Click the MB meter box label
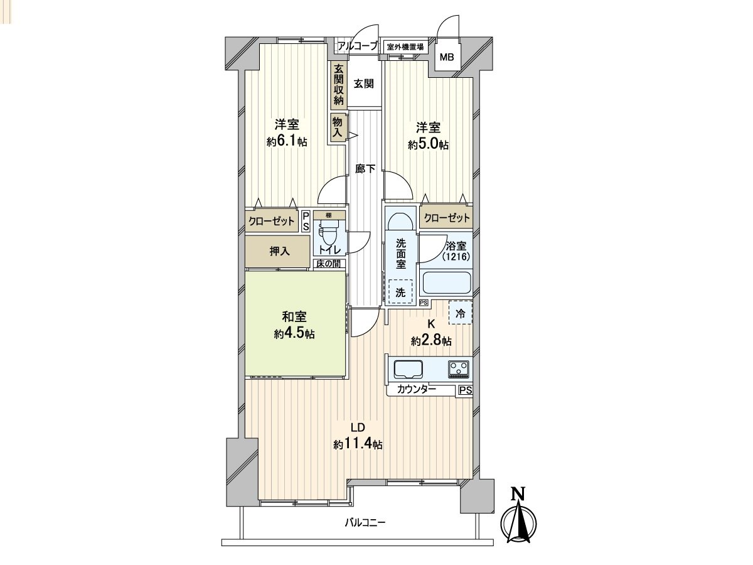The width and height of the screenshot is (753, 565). (x=446, y=58)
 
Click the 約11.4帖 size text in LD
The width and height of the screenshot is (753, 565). (x=358, y=444)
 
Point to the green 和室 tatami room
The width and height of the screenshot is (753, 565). (x=295, y=323)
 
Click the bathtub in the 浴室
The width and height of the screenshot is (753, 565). (x=446, y=282)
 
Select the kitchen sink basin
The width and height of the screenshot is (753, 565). (x=409, y=369)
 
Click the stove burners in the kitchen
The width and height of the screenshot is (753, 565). (x=459, y=369)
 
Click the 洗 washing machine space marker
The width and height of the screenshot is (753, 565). (x=400, y=291)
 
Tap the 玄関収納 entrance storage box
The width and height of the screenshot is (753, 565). (x=339, y=85)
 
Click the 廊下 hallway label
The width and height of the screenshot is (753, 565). (x=365, y=168)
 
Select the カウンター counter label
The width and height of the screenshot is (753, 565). (x=416, y=390)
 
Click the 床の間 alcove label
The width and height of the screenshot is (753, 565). (x=328, y=263)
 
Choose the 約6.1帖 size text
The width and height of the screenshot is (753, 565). (x=287, y=143)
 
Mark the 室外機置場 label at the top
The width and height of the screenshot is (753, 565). (x=404, y=46)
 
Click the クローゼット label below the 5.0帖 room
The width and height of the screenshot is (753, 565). (x=447, y=218)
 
